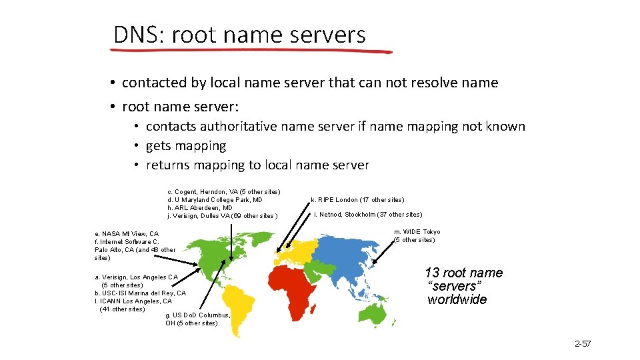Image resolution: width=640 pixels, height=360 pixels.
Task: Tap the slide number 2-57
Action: tap(583, 344)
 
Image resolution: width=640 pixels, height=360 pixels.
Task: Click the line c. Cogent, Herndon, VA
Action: tap(223, 192)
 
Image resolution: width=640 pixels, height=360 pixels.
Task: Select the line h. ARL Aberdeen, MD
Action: tap(200, 207)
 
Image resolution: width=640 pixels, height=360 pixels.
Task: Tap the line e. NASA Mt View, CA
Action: tap(127, 233)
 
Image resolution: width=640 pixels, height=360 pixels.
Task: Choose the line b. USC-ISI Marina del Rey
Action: tap(140, 293)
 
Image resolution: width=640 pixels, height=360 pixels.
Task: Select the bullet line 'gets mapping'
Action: tap(186, 145)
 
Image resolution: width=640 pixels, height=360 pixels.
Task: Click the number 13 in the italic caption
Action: tap(432, 273)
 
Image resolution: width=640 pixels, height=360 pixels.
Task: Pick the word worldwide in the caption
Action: tap(457, 299)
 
